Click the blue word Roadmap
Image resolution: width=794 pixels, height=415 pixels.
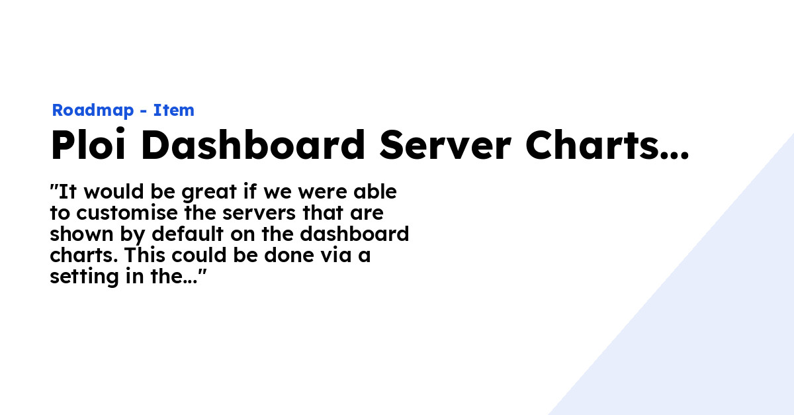point(93,111)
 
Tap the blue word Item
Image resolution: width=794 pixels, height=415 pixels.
point(174,111)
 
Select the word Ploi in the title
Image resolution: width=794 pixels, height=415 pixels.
point(89,146)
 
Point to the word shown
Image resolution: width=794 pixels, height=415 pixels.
point(78,234)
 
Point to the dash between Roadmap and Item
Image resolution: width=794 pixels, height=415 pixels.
point(144,111)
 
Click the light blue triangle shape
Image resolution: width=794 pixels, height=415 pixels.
point(715,318)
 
